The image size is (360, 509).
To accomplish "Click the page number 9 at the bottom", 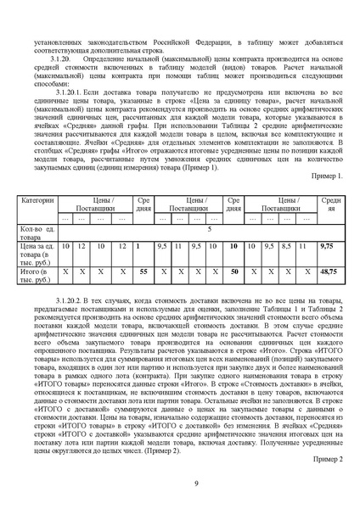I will (x=196, y=484).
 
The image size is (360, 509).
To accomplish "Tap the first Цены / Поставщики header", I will (x=97, y=204).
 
